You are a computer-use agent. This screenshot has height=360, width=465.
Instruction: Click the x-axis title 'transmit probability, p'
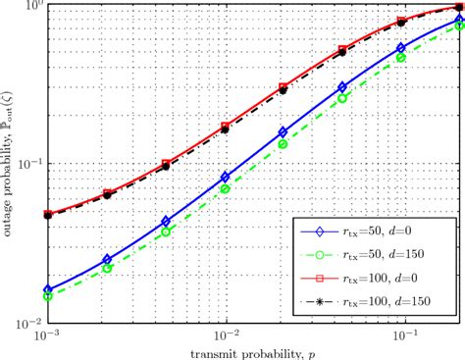(252, 350)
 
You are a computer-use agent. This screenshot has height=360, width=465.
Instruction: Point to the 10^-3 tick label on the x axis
(45, 334)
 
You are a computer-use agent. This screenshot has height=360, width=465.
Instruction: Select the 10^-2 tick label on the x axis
(226, 334)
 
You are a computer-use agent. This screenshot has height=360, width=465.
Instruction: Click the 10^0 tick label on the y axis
(29, 7)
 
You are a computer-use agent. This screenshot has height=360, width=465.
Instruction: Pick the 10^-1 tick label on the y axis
(27, 164)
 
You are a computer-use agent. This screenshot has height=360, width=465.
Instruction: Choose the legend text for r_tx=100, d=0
(391, 277)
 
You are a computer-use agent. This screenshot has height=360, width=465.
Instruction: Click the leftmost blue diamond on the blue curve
(46, 289)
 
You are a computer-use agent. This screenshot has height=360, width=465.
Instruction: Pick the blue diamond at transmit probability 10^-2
(226, 177)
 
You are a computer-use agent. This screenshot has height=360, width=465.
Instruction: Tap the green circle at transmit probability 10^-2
(226, 187)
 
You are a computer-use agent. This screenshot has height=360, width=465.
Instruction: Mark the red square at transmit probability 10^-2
(226, 126)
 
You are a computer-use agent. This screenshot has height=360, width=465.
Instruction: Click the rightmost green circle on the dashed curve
(459, 27)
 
